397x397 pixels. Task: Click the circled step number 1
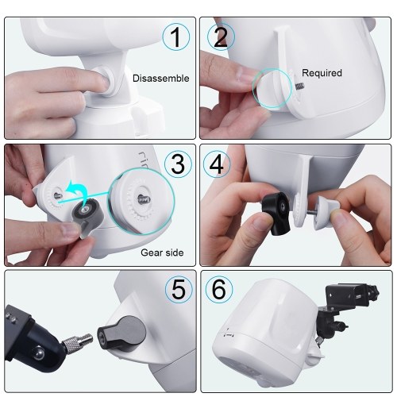175,37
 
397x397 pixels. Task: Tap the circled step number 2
221,37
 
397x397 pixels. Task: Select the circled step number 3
178,164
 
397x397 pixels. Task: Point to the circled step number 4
217,164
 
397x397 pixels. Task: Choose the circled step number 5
179,290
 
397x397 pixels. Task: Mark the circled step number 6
219,290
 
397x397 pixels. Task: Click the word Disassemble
161,79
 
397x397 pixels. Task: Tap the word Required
322,73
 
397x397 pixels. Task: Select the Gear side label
162,252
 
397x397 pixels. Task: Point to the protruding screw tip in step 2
299,86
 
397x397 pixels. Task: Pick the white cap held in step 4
326,212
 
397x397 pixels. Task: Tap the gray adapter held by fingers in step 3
87,215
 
